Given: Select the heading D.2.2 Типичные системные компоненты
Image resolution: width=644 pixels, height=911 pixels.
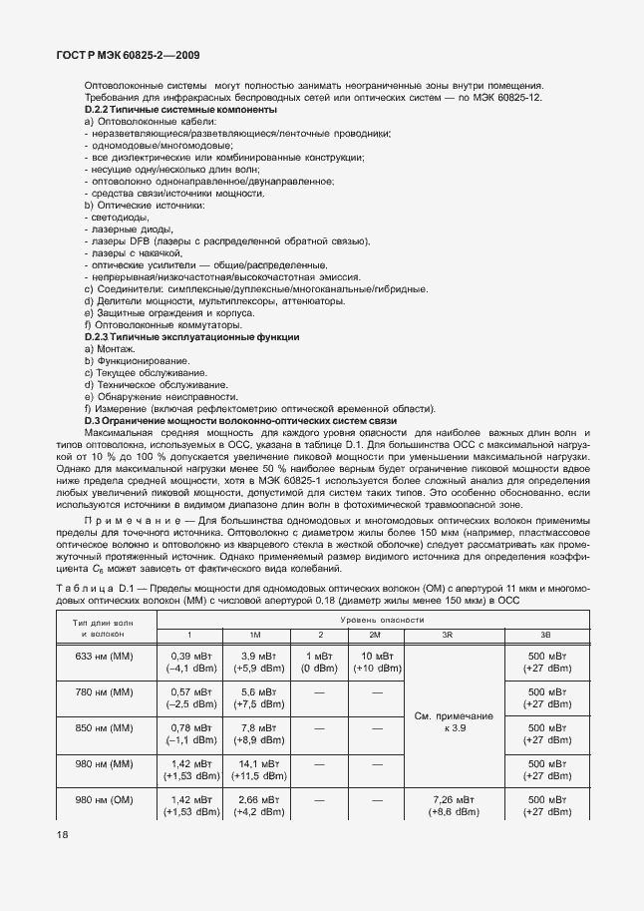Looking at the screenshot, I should (176, 109).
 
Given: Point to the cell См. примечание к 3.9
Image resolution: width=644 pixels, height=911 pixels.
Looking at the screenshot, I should (439, 722).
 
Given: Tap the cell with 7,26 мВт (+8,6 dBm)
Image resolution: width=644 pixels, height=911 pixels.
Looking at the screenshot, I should (439, 806).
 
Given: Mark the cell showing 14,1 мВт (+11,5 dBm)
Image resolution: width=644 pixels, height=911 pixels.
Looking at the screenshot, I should (256, 769).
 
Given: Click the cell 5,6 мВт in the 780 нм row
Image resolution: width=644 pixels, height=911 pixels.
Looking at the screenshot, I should (256, 696).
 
